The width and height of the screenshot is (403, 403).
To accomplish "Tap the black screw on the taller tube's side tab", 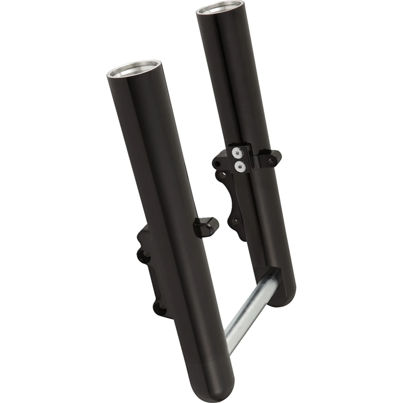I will [x=273, y=160].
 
